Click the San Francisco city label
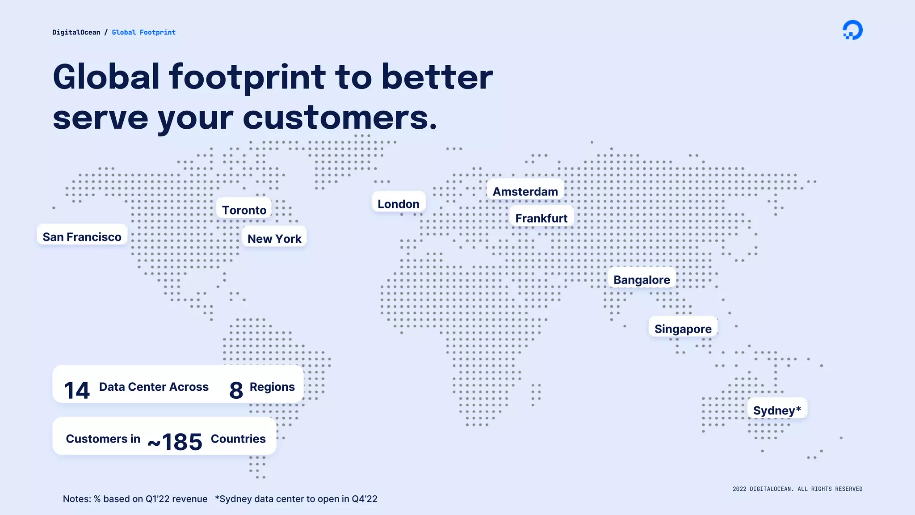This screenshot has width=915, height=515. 82,236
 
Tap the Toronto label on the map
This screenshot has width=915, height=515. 244,210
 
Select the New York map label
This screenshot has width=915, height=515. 274,238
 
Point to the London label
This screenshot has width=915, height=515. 399,203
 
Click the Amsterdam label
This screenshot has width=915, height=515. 525,191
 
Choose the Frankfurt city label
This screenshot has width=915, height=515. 541,218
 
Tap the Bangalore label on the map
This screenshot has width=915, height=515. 642,279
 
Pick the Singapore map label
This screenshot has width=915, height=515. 683,329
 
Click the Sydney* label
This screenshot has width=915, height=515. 777,410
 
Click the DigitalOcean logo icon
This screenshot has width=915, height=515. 852,30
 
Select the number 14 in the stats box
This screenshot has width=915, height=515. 77,390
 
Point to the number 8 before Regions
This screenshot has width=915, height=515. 236,390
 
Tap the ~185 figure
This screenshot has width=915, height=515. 175,442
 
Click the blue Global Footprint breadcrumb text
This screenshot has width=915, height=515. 143,32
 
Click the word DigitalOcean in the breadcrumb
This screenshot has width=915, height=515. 76,32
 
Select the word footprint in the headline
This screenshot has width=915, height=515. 247,77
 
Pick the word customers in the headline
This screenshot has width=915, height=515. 340,118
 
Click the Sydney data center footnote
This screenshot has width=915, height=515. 296,499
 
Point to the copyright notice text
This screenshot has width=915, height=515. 797,489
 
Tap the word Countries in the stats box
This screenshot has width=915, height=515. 238,439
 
